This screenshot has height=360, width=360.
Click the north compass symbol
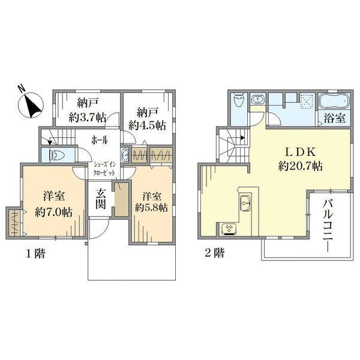(31, 105)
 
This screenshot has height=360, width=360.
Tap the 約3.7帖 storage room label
(88, 118)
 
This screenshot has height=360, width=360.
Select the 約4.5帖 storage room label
(147, 126)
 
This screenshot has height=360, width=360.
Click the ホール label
(100, 140)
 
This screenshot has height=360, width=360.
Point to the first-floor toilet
(55, 155)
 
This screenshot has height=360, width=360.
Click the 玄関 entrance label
(101, 199)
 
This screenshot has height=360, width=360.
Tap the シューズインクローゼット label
(104, 169)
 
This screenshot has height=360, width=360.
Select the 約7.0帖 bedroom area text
(54, 212)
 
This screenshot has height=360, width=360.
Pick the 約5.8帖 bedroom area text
(152, 208)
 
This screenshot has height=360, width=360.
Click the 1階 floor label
(35, 254)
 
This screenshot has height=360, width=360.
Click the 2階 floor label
(215, 253)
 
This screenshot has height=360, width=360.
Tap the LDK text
(301, 152)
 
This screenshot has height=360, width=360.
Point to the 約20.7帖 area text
(301, 166)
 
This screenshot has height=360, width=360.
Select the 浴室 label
(335, 118)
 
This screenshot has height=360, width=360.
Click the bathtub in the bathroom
(334, 101)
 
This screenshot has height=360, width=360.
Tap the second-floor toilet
(238, 101)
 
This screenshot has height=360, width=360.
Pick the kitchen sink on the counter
(245, 203)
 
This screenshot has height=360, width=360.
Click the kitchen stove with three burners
(229, 229)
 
